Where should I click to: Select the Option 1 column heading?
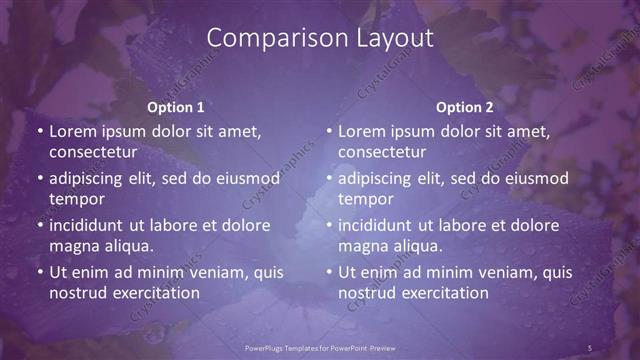176,107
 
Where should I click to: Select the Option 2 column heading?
465,107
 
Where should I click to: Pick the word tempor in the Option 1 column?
75,199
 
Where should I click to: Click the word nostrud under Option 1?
78,293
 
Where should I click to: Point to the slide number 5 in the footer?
590,348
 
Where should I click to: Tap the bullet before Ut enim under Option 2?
330,272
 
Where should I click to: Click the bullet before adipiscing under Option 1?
40,178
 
